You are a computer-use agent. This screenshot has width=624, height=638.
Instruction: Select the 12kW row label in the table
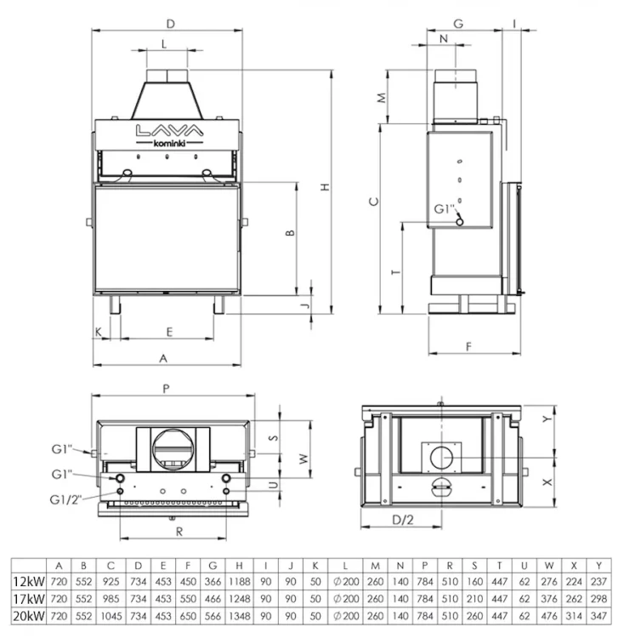point(28,583)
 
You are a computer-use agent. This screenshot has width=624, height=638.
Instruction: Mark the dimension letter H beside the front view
point(326,188)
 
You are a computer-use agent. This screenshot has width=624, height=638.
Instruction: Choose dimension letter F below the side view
point(469,345)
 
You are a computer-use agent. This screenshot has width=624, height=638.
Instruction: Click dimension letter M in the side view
point(383,96)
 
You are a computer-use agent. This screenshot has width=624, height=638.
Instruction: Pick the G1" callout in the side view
point(445,208)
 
